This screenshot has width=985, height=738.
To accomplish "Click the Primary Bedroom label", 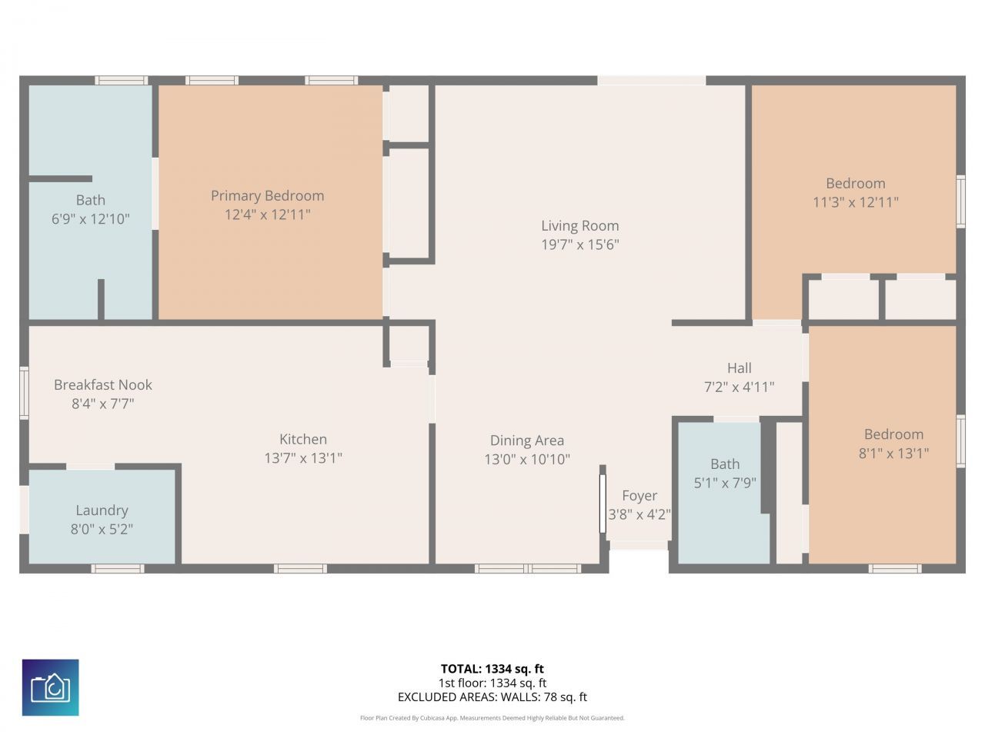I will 267,196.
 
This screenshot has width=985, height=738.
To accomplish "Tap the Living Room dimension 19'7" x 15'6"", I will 579,244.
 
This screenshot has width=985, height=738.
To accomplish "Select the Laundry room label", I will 102,510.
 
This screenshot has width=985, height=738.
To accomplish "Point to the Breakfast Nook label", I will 103,385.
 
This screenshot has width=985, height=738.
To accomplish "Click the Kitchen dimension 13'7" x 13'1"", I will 302,458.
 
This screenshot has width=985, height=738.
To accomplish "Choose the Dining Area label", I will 527,440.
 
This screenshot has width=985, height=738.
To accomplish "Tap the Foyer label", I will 639,496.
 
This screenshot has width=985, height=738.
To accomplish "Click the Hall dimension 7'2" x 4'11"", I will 739,387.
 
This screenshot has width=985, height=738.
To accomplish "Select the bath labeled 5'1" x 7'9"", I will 725,464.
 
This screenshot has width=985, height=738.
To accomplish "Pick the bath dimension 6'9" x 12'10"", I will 90,219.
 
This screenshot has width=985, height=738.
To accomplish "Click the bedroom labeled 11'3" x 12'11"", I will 855,184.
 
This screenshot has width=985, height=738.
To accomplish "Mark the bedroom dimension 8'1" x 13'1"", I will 893,454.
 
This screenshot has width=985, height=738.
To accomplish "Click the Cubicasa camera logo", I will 51,687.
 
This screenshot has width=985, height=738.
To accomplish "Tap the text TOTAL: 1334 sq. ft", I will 492,669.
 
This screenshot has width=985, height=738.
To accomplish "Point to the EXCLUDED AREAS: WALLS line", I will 492,697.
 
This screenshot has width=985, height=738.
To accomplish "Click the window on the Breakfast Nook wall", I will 24,393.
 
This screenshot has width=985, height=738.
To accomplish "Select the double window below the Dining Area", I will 527,569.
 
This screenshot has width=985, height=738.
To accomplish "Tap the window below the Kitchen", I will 300,569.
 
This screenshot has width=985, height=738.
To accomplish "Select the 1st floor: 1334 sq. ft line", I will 492,683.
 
